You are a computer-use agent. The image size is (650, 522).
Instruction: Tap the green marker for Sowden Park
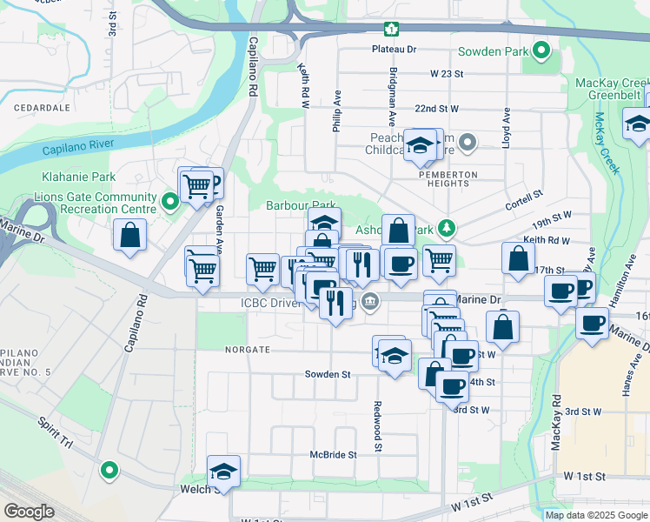point(542,51)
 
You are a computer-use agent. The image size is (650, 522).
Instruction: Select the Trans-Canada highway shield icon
point(393,30)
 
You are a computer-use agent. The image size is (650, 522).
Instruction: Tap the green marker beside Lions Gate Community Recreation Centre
point(170,204)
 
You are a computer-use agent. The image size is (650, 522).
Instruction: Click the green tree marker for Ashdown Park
point(447,229)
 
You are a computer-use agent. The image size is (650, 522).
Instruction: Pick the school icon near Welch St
point(223,471)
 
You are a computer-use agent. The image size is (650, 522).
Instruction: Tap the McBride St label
point(334,455)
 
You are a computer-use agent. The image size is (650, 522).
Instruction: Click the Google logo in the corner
point(29,512)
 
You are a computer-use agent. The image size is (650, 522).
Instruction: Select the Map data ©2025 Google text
point(595,515)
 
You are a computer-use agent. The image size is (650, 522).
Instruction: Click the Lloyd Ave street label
point(505,128)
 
